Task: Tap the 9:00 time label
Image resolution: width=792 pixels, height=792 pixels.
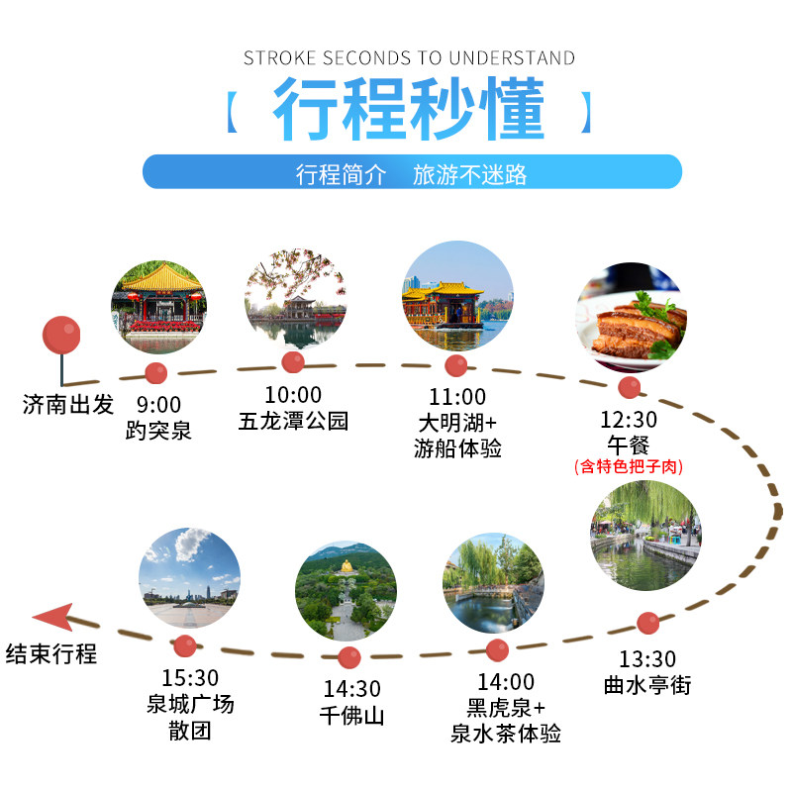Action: pyautogui.click(x=158, y=404)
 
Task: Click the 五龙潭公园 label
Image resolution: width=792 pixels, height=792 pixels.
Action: pyautogui.click(x=294, y=420)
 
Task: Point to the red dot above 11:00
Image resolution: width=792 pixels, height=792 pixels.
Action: pyautogui.click(x=455, y=365)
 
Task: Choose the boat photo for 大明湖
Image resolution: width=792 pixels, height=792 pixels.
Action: pyautogui.click(x=456, y=296)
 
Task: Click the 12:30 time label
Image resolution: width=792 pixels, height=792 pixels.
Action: pyautogui.click(x=629, y=419)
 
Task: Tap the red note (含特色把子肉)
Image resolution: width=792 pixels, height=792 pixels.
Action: pyautogui.click(x=629, y=465)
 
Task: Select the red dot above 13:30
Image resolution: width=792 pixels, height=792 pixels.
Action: pyautogui.click(x=647, y=623)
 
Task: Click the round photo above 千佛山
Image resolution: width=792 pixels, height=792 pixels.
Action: pyautogui.click(x=346, y=590)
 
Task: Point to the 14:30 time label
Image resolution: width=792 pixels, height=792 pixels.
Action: pyautogui.click(x=351, y=689)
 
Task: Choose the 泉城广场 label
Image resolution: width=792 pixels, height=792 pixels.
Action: pyautogui.click(x=189, y=705)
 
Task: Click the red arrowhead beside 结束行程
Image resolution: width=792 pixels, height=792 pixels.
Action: pyautogui.click(x=51, y=619)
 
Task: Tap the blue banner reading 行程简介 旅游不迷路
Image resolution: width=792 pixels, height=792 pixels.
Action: pyautogui.click(x=412, y=172)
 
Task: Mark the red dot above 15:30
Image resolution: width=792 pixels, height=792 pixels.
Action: pyautogui.click(x=184, y=644)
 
